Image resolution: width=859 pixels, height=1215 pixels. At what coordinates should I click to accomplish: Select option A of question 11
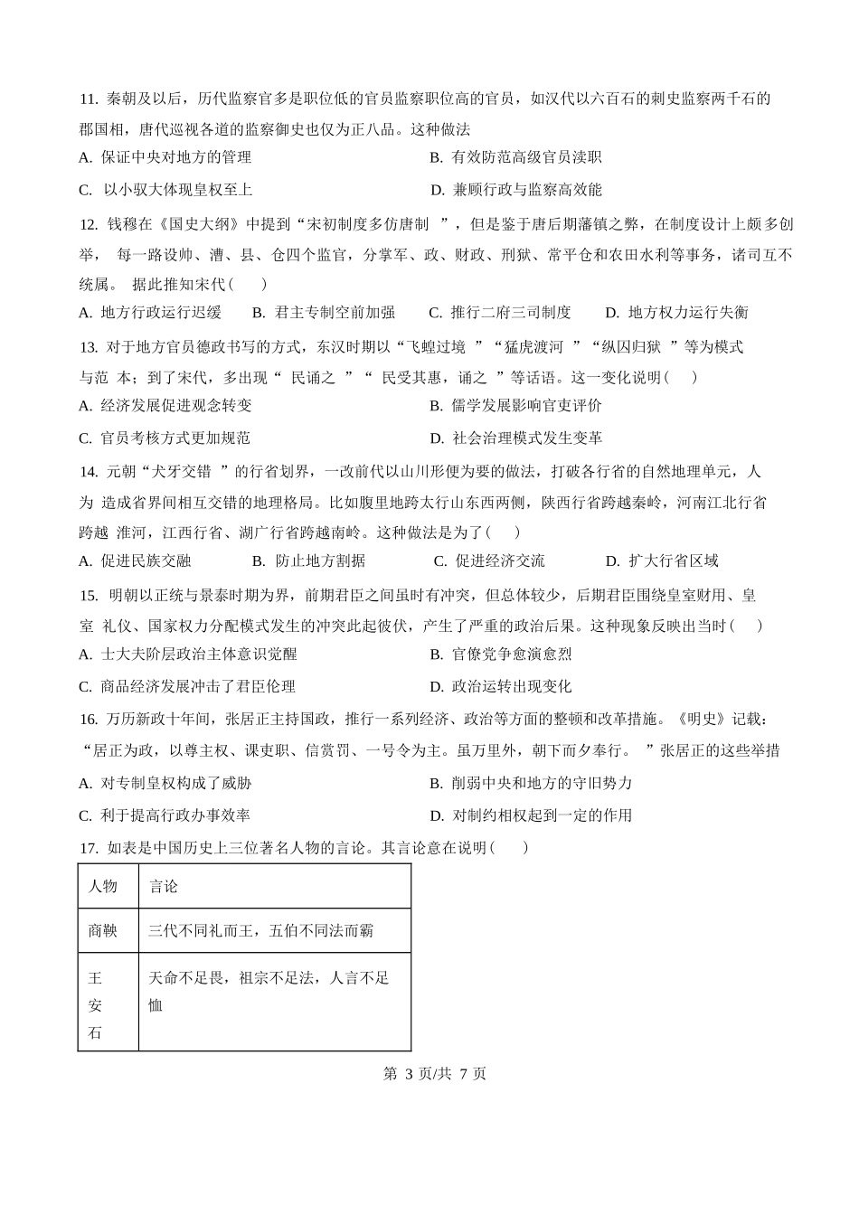[x=165, y=157]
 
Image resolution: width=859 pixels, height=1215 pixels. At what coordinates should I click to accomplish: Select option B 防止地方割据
[x=308, y=561]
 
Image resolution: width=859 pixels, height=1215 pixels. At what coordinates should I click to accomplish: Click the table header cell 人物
[x=103, y=887]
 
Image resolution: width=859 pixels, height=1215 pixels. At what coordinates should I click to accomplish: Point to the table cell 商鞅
[x=103, y=930]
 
